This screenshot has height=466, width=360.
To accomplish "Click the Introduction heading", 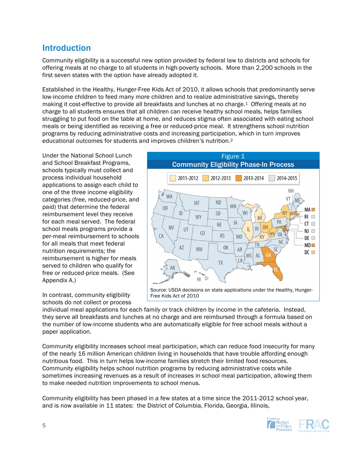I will (66, 48).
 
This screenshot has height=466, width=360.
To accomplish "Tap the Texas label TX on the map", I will (221, 262).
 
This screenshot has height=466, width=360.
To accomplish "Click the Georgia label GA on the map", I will (268, 255).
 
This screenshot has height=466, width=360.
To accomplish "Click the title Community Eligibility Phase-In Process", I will (233, 165).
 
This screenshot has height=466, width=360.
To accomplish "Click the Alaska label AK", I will (172, 268).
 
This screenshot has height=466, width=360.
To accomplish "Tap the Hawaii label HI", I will (199, 280).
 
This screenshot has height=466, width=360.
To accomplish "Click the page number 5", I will (44, 425).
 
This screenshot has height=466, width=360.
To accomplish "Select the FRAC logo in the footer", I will (314, 425).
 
